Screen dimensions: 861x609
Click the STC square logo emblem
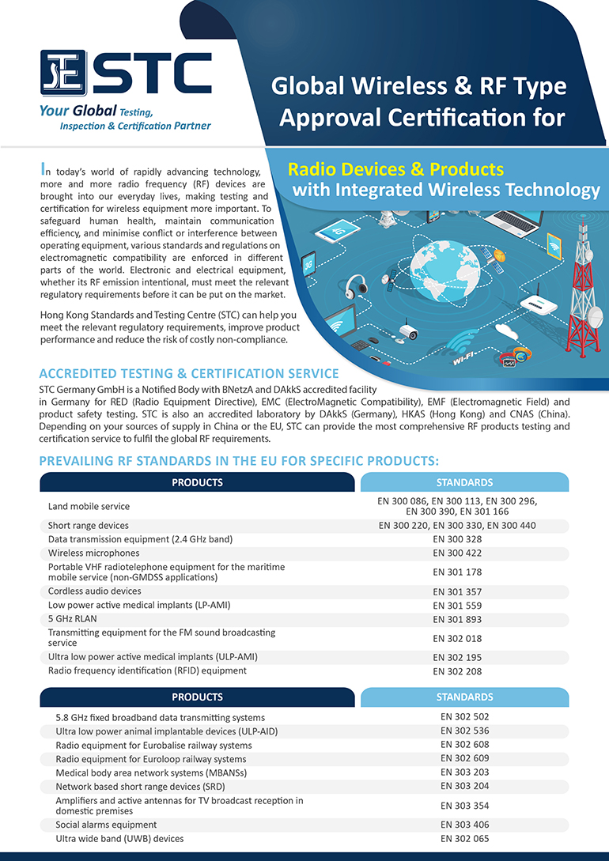(65, 73)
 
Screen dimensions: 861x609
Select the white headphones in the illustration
(356, 285)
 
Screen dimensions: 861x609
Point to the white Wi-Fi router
(546, 304)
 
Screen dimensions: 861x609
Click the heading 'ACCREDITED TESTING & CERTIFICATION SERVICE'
(189, 373)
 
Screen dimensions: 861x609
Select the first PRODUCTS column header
(198, 482)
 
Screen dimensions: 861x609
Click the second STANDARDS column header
(464, 697)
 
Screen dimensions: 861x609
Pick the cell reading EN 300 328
(464, 539)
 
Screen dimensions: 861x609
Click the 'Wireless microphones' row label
(93, 553)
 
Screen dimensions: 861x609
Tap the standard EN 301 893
(464, 619)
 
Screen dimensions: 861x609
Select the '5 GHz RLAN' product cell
(72, 618)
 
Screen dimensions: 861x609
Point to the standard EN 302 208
(464, 671)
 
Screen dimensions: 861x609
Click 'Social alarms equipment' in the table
(106, 825)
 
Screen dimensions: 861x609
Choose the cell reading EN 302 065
(464, 838)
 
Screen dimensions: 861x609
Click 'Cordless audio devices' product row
(94, 591)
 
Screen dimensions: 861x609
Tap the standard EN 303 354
(464, 806)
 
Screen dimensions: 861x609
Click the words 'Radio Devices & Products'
(395, 169)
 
